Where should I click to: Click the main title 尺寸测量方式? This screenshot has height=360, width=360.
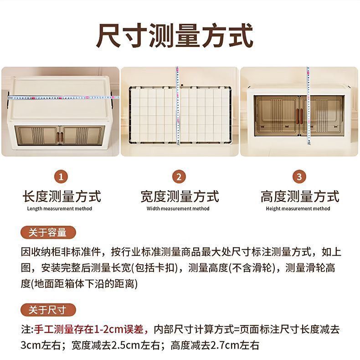[175, 36]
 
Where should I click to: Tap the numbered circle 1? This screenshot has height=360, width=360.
[61, 177]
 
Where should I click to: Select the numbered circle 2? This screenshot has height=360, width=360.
[179, 177]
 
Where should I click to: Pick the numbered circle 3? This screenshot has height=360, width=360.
[299, 177]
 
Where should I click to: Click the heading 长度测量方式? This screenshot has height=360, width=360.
[62, 196]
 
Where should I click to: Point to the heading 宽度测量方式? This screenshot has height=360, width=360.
[180, 196]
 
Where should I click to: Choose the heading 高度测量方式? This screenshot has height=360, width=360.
[300, 196]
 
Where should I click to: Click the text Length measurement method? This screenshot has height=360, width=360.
[59, 209]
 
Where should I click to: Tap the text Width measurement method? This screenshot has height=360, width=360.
[178, 209]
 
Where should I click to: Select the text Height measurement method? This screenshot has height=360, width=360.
[298, 209]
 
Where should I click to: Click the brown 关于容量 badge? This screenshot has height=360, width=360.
[48, 232]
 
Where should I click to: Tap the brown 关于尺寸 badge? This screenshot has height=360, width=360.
[48, 310]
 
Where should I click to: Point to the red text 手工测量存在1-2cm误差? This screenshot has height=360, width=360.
[89, 329]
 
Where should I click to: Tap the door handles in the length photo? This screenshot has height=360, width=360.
[59, 137]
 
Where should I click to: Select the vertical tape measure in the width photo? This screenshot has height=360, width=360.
[177, 106]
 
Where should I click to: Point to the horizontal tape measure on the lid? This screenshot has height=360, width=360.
[63, 98]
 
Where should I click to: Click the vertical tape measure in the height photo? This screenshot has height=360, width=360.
[309, 106]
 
